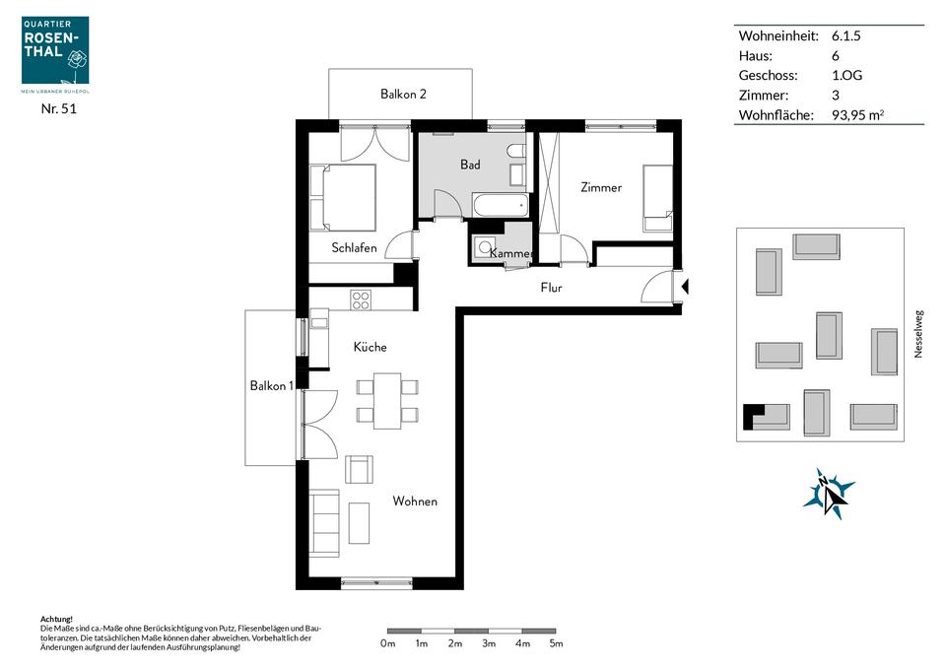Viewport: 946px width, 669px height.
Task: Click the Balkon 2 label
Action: pyautogui.click(x=403, y=94)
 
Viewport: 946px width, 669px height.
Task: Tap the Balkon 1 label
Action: pyautogui.click(x=272, y=385)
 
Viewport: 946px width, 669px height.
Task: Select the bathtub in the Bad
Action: pyautogui.click(x=501, y=205)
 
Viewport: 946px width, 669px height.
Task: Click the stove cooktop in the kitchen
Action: pyautogui.click(x=361, y=300)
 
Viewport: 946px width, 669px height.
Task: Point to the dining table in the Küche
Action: pyautogui.click(x=387, y=401)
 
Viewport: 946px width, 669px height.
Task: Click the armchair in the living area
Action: pyautogui.click(x=359, y=469)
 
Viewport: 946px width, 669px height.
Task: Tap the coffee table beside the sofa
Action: pyautogui.click(x=359, y=522)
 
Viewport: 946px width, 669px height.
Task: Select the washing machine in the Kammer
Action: pyautogui.click(x=485, y=246)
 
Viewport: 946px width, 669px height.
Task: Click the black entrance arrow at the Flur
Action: pyautogui.click(x=685, y=287)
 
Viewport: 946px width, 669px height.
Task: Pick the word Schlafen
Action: pyautogui.click(x=354, y=247)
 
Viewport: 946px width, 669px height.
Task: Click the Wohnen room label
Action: pyautogui.click(x=415, y=501)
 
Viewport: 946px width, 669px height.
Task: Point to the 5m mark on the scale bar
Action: pyautogui.click(x=556, y=632)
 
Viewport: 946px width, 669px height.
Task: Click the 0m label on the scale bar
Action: pyautogui.click(x=388, y=643)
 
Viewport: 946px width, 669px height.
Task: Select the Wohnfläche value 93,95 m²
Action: pyautogui.click(x=857, y=114)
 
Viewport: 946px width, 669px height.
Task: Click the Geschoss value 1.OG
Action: pyautogui.click(x=846, y=76)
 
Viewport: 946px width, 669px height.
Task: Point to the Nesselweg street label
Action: pyautogui.click(x=918, y=334)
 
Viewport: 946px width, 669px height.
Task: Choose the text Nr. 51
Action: pyautogui.click(x=58, y=108)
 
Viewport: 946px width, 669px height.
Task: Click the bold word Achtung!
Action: pyautogui.click(x=56, y=619)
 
